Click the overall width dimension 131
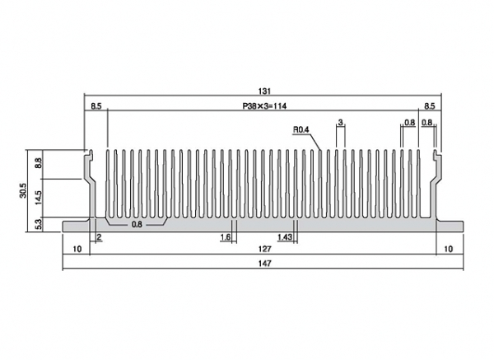264,91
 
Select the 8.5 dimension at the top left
96,106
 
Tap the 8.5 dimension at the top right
429,106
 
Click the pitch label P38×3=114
264,106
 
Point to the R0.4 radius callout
301,129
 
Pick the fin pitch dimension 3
340,122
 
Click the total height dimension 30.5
23,191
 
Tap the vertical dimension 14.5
39,198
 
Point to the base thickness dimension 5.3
39,224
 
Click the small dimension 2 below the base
99,237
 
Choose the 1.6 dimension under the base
226,237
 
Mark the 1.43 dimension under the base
285,237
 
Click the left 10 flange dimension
77,249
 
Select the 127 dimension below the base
264,249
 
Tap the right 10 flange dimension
448,249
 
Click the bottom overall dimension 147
264,264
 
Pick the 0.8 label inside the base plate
137,225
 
